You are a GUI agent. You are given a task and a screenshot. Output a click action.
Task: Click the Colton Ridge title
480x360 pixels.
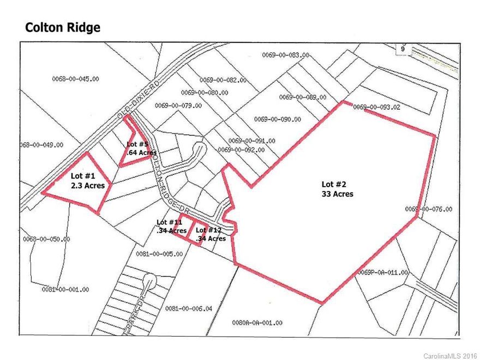[63, 27]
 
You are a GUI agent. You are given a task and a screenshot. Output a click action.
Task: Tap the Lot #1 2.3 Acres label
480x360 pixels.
[88, 181]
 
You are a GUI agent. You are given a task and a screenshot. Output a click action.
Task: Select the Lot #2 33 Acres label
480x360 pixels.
[337, 189]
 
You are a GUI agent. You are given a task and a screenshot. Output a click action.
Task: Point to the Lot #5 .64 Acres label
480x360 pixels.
[137, 148]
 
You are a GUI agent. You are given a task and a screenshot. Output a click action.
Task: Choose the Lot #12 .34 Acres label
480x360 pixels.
[210, 234]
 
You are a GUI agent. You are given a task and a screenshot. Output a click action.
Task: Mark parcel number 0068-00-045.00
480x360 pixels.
[76, 79]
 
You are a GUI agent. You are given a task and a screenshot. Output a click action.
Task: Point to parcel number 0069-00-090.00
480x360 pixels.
[277, 119]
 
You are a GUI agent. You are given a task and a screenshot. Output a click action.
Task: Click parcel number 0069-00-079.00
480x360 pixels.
[178, 106]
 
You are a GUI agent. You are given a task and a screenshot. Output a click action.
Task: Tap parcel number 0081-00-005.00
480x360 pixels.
[159, 254]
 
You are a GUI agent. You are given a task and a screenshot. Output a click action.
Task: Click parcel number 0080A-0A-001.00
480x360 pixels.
[257, 323]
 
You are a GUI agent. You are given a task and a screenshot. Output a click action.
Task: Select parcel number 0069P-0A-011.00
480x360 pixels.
[383, 272]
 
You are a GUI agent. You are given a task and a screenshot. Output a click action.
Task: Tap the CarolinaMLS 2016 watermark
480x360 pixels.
[451, 355]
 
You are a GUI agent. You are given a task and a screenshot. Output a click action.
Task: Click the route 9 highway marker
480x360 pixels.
[402, 49]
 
